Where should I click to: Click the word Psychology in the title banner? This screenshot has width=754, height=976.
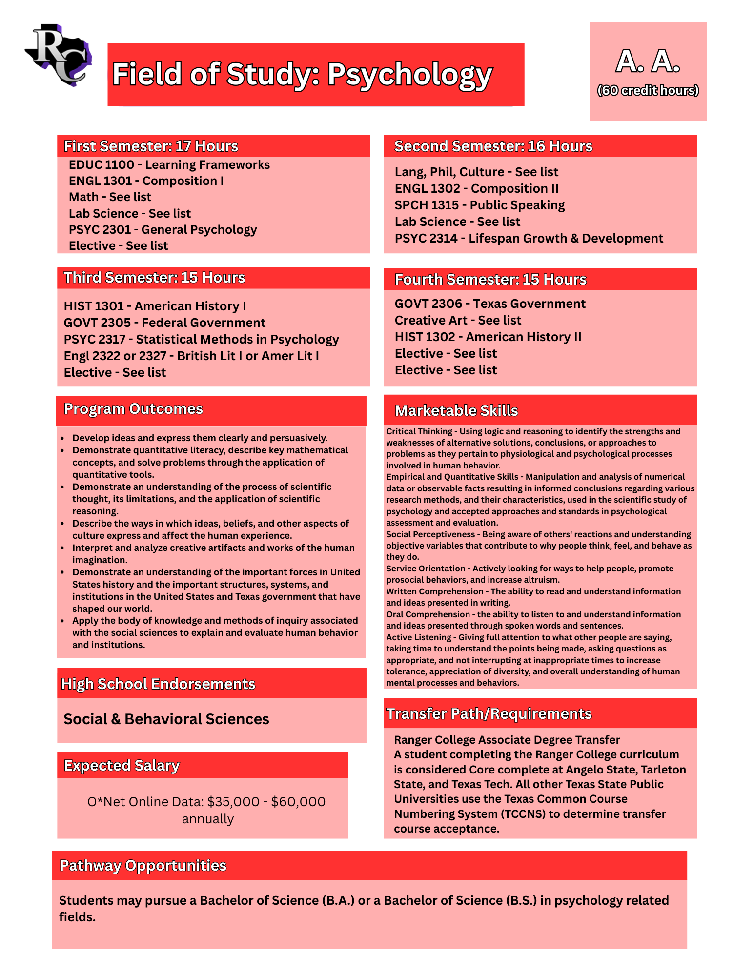(x=410, y=75)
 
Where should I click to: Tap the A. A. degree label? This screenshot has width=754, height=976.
(x=648, y=62)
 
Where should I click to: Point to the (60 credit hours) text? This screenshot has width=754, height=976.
(x=648, y=91)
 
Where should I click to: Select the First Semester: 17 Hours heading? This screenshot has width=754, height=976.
(x=151, y=146)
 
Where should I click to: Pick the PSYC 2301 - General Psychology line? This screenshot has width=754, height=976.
(x=163, y=230)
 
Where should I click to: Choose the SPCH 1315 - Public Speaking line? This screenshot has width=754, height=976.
(x=479, y=205)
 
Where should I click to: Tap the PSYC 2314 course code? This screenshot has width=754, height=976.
(x=426, y=239)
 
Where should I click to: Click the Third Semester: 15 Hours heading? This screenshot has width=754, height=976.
(x=154, y=278)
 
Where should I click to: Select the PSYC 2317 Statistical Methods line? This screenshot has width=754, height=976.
(x=201, y=340)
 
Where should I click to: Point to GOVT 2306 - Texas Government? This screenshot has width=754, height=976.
(x=489, y=304)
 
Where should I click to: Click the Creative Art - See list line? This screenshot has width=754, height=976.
(x=458, y=321)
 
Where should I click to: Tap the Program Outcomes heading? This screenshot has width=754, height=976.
(x=133, y=409)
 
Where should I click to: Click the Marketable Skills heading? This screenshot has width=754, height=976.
(x=456, y=411)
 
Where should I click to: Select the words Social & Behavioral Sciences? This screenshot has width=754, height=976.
(x=166, y=719)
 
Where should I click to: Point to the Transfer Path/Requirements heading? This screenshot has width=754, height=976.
(x=489, y=714)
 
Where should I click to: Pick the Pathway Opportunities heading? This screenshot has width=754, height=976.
(x=143, y=866)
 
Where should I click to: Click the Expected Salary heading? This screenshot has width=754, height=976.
(x=122, y=766)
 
